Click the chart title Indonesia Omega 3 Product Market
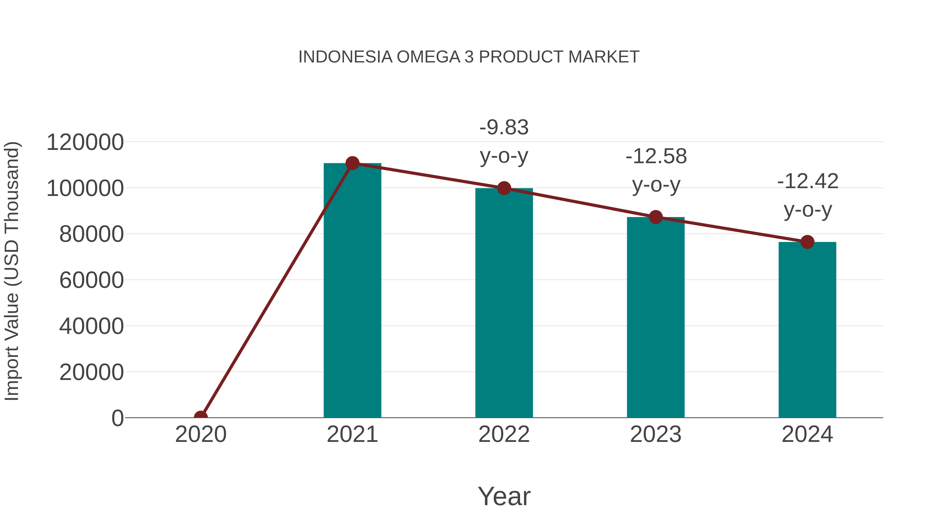469,57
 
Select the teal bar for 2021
352,291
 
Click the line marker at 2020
201,417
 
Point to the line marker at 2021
352,163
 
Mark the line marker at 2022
504,188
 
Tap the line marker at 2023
656,217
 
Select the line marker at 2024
807,242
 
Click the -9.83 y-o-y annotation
504,142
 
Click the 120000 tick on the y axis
85,142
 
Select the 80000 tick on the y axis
91,234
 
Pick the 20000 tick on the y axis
91,372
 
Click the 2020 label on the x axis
201,434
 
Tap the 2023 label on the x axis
656,434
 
